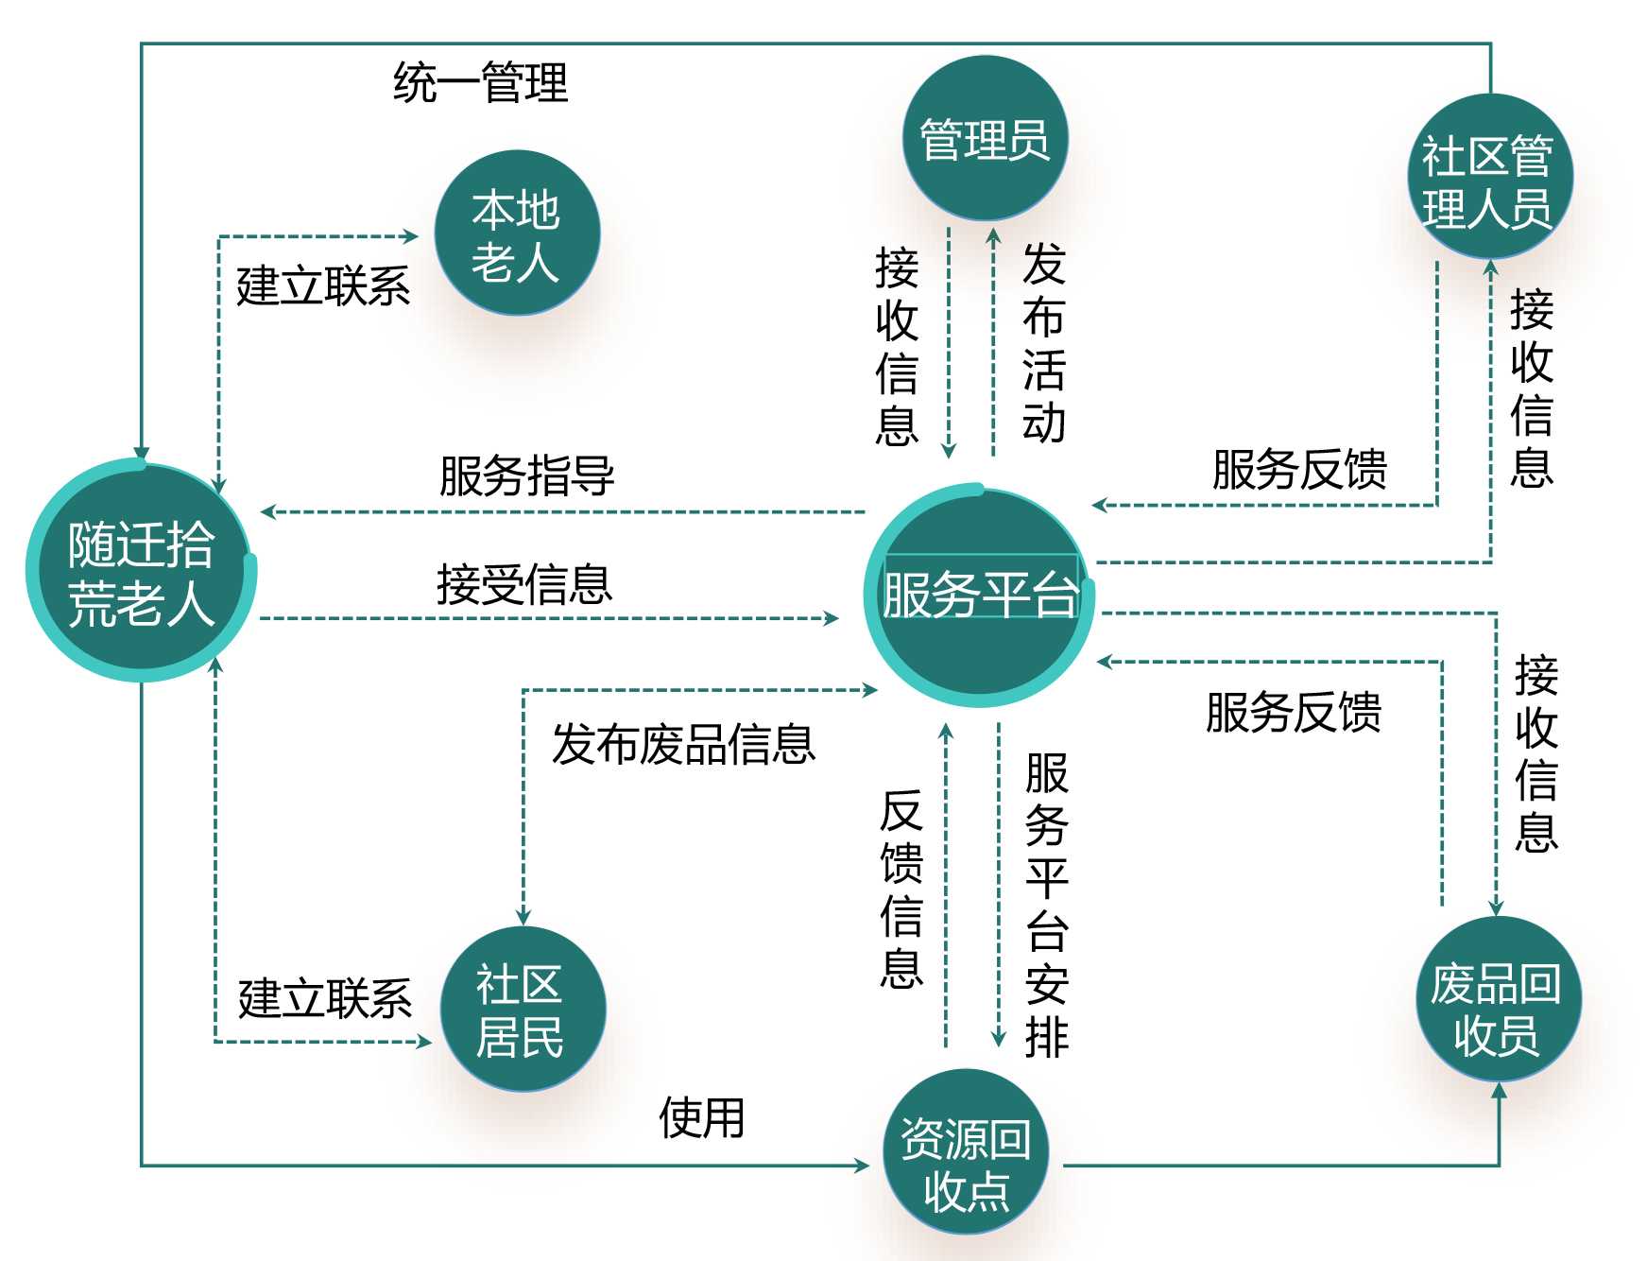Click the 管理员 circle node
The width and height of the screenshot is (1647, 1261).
[x=985, y=139]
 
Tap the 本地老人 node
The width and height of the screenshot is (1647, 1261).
[x=516, y=233]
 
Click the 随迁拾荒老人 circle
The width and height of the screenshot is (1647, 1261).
[x=141, y=572]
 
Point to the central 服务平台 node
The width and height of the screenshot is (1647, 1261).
[x=979, y=596]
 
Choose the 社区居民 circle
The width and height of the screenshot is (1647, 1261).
[x=521, y=1010]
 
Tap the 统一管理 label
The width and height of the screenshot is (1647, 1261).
[x=480, y=82]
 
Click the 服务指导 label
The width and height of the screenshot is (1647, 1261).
[x=526, y=475]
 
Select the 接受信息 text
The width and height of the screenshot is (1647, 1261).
[x=524, y=583]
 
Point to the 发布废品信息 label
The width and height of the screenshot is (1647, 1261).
[x=683, y=744]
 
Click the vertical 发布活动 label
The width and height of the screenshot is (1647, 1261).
[x=1044, y=342]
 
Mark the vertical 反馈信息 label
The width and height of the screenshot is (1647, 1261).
[x=901, y=889]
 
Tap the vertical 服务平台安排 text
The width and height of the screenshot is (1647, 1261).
[x=1047, y=905]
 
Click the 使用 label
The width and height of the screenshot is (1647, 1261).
[x=701, y=1117]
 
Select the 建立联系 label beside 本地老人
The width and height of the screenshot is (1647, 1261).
[x=323, y=285]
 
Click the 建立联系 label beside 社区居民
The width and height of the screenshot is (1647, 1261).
[x=325, y=998]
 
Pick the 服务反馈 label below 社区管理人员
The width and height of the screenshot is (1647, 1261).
[x=1299, y=469]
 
